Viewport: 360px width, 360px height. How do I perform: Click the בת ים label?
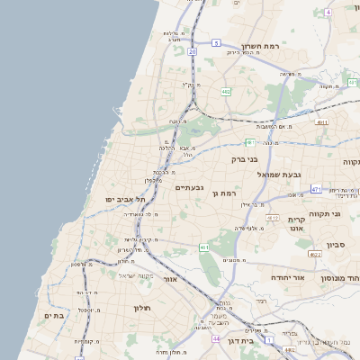(x=53, y=315)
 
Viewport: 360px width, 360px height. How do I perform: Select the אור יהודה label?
(x=311, y=277)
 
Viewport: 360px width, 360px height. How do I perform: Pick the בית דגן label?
(x=262, y=341)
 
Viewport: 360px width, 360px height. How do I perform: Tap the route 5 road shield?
(x=217, y=42)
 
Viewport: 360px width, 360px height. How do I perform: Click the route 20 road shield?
(x=193, y=51)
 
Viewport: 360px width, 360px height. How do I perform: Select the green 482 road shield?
(x=225, y=92)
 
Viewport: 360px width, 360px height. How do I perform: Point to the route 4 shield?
(x=329, y=12)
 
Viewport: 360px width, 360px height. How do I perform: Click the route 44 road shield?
(x=217, y=338)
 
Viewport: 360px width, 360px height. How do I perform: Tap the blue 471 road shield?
(x=315, y=189)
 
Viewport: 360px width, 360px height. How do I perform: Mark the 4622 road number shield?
(x=314, y=255)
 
